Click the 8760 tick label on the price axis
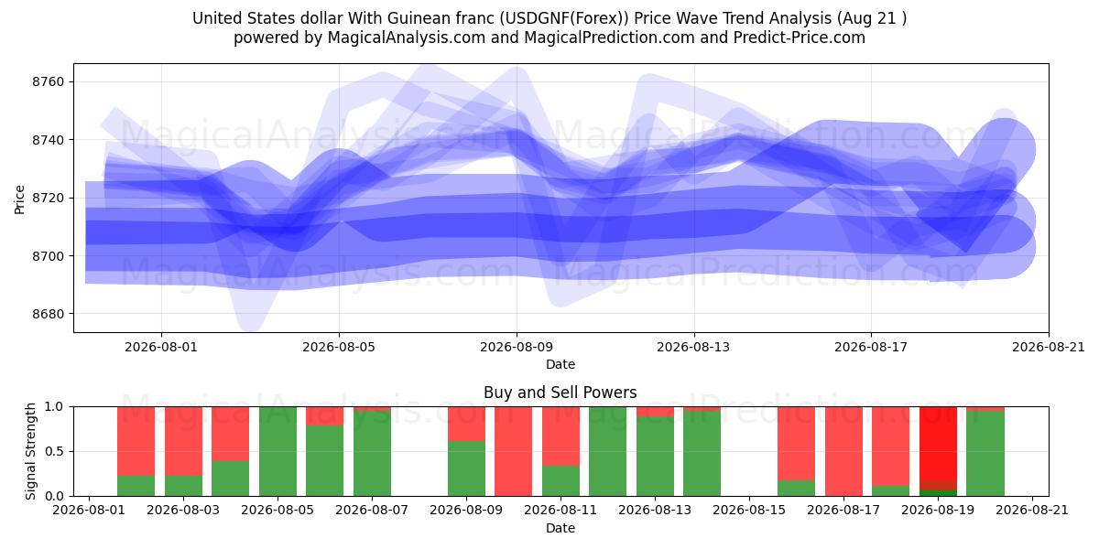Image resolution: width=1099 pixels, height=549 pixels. (48, 81)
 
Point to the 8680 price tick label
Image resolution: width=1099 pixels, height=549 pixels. (48, 314)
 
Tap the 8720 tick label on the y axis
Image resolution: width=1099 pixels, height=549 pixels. (48, 198)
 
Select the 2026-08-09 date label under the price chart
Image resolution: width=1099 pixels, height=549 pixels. (517, 348)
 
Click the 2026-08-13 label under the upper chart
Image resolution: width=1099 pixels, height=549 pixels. (693, 348)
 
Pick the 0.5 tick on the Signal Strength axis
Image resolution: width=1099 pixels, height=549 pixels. (54, 451)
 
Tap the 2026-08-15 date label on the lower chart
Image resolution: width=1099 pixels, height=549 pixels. (749, 511)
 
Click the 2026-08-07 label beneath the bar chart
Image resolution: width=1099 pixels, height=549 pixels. (372, 511)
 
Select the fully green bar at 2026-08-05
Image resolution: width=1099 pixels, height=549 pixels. (277, 451)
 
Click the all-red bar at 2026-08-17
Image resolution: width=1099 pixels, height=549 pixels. (843, 451)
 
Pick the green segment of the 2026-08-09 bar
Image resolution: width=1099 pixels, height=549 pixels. (466, 468)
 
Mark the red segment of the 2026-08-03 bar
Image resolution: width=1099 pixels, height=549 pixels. (183, 441)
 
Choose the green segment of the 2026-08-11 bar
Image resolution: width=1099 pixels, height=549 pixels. (560, 481)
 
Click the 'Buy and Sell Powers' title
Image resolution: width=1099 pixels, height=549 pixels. (560, 393)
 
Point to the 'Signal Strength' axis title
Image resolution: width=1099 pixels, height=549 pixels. (30, 451)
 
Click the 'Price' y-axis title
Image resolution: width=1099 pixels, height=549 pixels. (19, 199)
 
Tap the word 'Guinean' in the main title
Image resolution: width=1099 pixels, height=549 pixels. (416, 18)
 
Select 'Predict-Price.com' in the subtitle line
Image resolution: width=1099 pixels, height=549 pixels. (800, 38)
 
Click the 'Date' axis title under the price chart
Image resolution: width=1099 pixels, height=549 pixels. (560, 365)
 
